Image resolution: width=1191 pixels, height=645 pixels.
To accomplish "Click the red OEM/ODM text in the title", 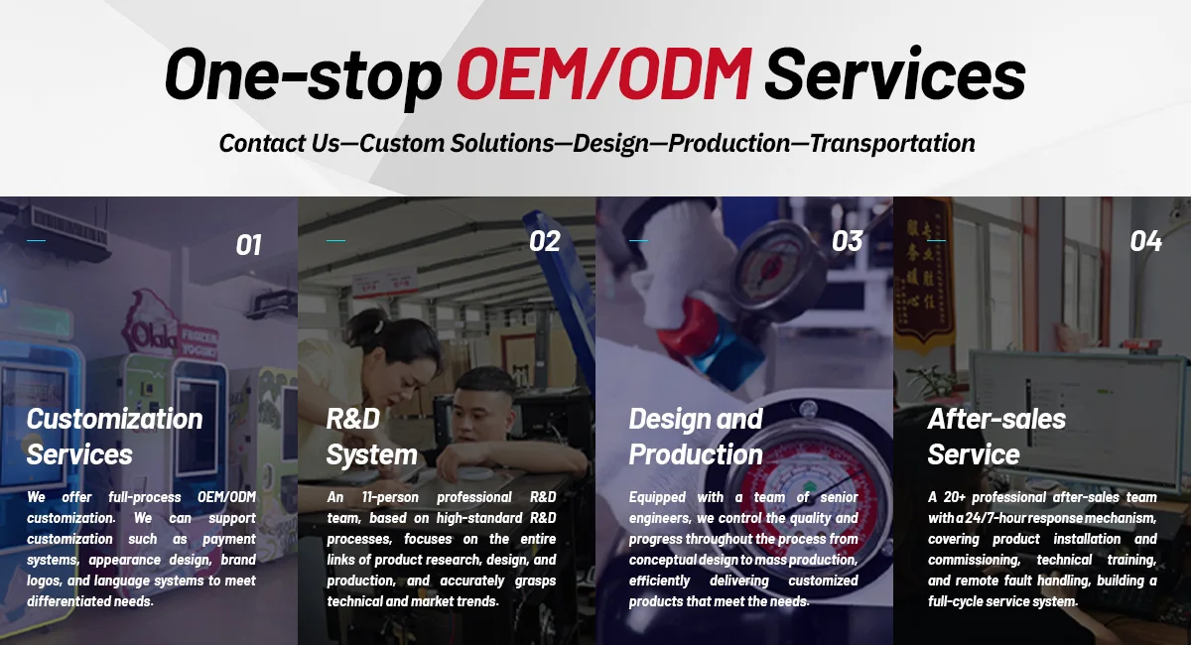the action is tap(604, 73).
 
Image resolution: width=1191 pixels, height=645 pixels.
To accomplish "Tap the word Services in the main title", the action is tap(895, 73).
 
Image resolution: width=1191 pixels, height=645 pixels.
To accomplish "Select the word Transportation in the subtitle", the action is tap(892, 143).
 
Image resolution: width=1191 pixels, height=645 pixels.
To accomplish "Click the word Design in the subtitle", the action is tap(611, 144).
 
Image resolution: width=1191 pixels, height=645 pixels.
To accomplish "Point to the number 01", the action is tap(248, 245).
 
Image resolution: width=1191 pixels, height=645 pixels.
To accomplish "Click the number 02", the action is tap(545, 241).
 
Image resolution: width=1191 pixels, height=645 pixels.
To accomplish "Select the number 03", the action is tap(847, 241).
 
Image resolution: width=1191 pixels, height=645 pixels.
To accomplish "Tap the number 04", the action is tap(1145, 241).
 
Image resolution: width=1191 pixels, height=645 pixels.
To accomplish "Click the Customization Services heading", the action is tap(115, 437).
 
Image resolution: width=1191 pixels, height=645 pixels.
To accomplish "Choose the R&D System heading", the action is tap(371, 437).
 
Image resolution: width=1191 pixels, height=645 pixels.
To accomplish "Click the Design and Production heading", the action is tap(696, 437).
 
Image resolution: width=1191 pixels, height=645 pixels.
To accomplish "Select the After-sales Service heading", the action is tap(996, 437).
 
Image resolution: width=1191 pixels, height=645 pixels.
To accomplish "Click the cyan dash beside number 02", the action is tap(335, 241).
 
